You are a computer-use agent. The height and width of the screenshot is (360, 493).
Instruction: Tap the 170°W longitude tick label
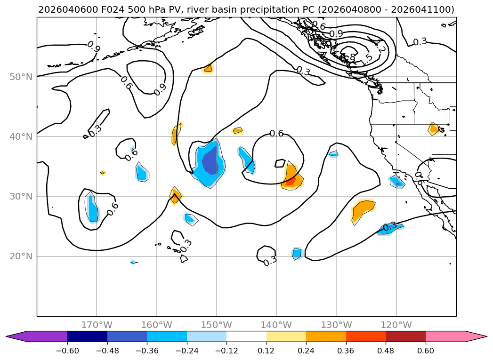(x=97, y=325)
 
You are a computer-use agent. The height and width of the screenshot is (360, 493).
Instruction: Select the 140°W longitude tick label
(x=276, y=325)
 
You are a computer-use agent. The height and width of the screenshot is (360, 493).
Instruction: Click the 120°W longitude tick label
(x=396, y=325)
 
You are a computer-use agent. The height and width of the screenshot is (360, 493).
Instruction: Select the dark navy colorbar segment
(x=87, y=336)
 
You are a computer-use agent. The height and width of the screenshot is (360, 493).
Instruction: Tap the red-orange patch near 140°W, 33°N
(x=291, y=179)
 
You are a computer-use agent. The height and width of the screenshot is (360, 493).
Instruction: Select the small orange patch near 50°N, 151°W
(x=208, y=68)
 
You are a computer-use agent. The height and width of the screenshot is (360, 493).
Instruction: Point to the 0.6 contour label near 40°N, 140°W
(x=276, y=134)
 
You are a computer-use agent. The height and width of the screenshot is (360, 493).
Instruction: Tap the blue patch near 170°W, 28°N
(x=93, y=210)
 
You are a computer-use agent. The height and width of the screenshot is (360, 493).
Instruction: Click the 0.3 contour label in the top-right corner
(x=420, y=41)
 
